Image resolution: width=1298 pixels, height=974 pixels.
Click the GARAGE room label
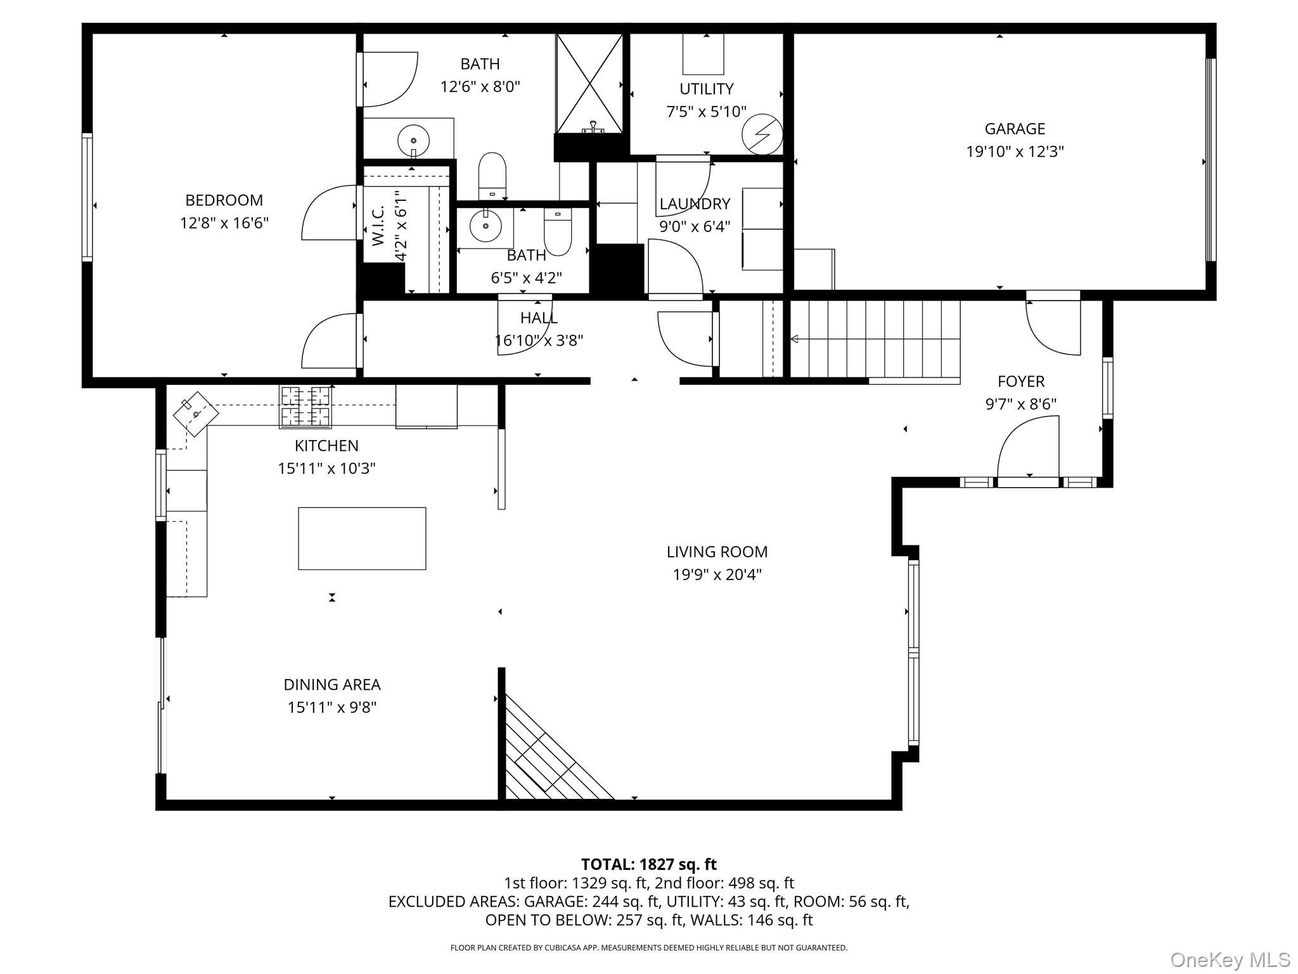click(1015, 129)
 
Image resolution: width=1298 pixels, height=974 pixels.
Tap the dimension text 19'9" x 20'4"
click(717, 575)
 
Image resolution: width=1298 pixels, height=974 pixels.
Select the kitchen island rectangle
click(362, 538)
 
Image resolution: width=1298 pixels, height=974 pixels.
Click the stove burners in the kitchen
click(305, 405)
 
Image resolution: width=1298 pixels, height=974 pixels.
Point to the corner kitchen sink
click(196, 413)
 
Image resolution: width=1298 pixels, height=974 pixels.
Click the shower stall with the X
click(589, 84)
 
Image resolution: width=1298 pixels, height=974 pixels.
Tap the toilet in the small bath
click(558, 231)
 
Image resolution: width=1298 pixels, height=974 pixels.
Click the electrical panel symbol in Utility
click(762, 134)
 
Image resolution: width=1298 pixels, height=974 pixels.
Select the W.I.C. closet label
click(378, 226)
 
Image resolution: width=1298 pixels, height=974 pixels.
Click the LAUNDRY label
click(695, 204)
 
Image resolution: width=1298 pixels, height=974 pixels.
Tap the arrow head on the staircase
click(794, 339)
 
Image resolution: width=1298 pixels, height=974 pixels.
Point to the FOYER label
click(1021, 381)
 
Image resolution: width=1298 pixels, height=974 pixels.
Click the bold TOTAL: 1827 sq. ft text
click(649, 864)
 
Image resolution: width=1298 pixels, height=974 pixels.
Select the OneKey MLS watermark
click(1230, 959)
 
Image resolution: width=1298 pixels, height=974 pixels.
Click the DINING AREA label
click(332, 685)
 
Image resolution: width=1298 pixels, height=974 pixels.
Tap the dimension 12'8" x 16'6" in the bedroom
click(224, 223)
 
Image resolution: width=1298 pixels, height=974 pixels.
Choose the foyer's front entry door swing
click(1028, 447)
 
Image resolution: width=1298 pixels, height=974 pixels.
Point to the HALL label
click(539, 318)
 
